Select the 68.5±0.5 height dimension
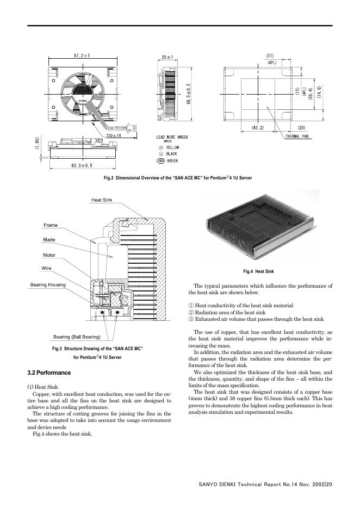[x=188, y=95]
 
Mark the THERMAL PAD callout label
[x=297, y=136]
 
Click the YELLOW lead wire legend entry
[x=169, y=147]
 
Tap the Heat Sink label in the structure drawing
[x=102, y=200]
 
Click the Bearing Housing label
[x=48, y=284]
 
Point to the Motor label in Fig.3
[x=49, y=254]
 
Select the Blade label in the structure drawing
[x=49, y=239]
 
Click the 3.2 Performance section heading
[x=49, y=373]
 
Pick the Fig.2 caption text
[x=178, y=178]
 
